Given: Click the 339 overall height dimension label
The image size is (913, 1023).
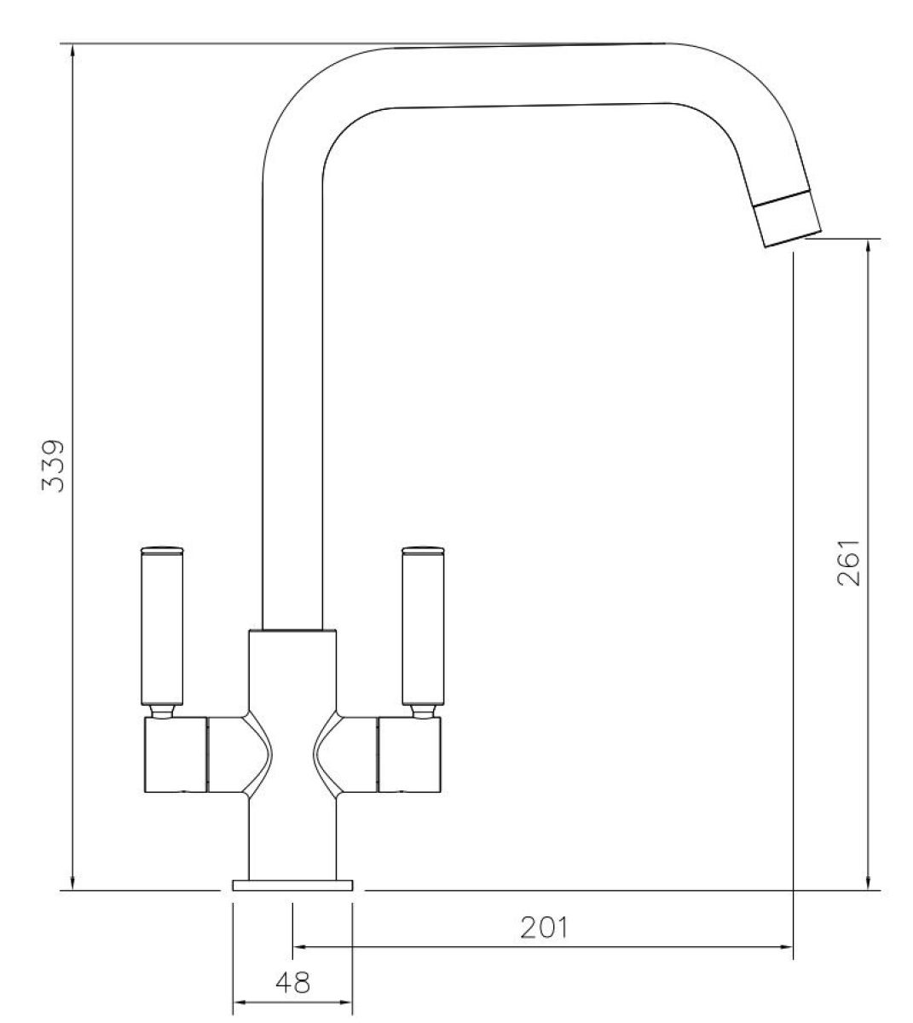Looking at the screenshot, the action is (53, 465).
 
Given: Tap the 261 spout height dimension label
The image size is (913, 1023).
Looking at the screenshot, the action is (848, 563).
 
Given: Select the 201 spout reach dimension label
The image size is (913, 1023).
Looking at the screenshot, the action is (544, 928).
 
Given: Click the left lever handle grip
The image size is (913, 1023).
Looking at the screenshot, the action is (162, 628).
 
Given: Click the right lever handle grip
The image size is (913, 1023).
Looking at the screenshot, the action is (423, 628).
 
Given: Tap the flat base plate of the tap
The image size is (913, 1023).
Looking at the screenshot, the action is (292, 885).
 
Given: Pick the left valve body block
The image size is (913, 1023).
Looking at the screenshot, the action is (176, 754).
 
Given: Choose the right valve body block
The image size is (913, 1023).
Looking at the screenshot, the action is (409, 754).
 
